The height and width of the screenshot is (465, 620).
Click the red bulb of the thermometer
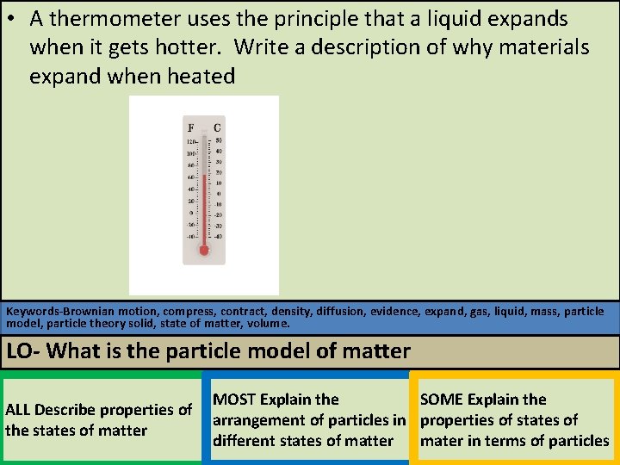(x=204, y=251)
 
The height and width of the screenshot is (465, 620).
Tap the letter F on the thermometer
(x=191, y=127)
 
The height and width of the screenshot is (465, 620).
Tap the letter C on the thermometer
(x=217, y=127)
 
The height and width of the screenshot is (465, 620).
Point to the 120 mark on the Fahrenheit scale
(x=191, y=141)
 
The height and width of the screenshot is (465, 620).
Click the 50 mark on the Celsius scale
(x=219, y=140)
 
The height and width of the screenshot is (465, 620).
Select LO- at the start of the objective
(x=24, y=351)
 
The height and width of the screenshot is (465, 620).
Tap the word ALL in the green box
(x=18, y=410)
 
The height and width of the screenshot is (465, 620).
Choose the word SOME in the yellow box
(x=441, y=400)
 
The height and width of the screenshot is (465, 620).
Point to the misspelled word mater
(x=441, y=441)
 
